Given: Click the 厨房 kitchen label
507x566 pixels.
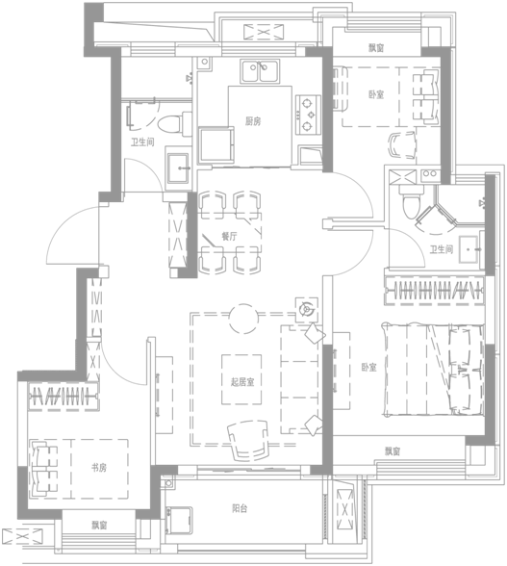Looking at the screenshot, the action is [253, 121].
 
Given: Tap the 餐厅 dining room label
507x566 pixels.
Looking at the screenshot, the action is [229, 237].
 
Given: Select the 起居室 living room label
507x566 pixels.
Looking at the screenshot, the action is [242, 381].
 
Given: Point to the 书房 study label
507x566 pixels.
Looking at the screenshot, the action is [98, 468].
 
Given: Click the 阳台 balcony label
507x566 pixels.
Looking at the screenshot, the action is [240, 508].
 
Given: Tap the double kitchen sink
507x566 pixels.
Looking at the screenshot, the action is [260, 71].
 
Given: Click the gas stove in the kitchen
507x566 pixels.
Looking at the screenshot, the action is [308, 115].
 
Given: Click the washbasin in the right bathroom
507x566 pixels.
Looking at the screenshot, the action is [469, 249].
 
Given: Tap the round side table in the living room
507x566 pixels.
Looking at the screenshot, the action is [243, 319].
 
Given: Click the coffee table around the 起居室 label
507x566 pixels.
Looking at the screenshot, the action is [241, 379].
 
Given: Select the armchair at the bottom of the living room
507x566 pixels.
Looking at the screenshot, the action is [248, 441].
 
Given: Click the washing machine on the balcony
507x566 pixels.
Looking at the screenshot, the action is [179, 521].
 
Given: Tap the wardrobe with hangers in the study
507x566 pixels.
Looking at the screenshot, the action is [63, 397].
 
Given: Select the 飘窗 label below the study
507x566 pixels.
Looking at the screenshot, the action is [98, 525].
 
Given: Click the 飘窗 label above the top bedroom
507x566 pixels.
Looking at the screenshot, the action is [376, 47].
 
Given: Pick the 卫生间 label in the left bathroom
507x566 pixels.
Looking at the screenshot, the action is [142, 141].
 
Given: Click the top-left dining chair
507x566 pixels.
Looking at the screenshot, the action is [213, 205].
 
